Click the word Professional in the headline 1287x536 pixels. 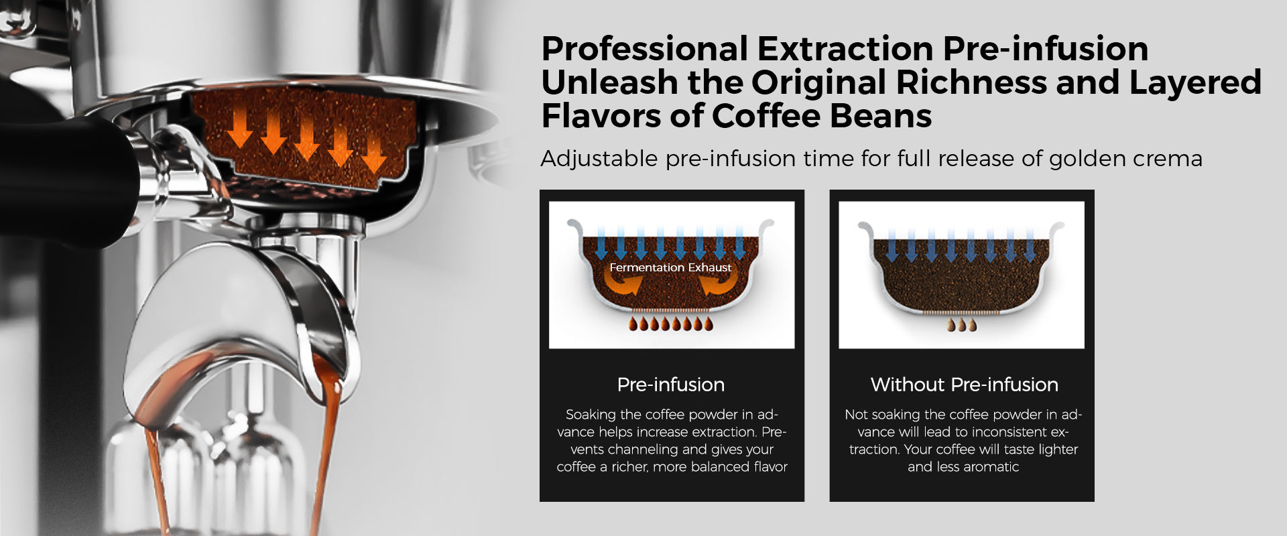click(644, 49)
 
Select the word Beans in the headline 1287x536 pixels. click(880, 116)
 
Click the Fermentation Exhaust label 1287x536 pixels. click(670, 267)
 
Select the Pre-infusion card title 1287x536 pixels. click(671, 385)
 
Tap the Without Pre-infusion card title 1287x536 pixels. click(965, 385)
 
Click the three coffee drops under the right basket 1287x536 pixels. click(962, 325)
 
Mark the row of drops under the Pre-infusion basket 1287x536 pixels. click(671, 325)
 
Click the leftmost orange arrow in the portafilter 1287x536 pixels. click(239, 129)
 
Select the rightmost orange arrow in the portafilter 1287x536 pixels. click(373, 154)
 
